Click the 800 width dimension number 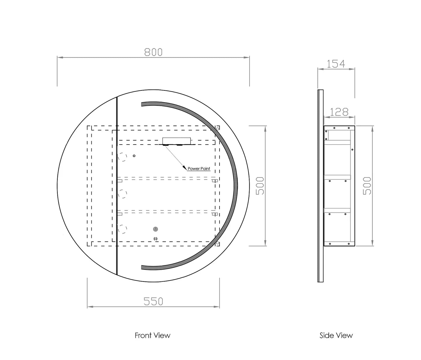(x=153, y=52)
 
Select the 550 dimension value (x=153, y=301)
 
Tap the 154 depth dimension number (x=336, y=64)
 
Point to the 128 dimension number (x=339, y=112)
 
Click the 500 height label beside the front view (x=260, y=186)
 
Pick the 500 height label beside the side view (x=367, y=186)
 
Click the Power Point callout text (x=199, y=169)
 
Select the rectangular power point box (x=177, y=141)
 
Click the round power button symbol (x=155, y=229)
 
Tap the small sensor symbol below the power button (x=155, y=239)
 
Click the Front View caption (x=152, y=335)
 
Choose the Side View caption (x=336, y=335)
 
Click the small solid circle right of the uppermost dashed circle (x=134, y=156)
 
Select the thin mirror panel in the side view (x=320, y=186)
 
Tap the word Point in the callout (x=205, y=169)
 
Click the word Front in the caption (x=143, y=335)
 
